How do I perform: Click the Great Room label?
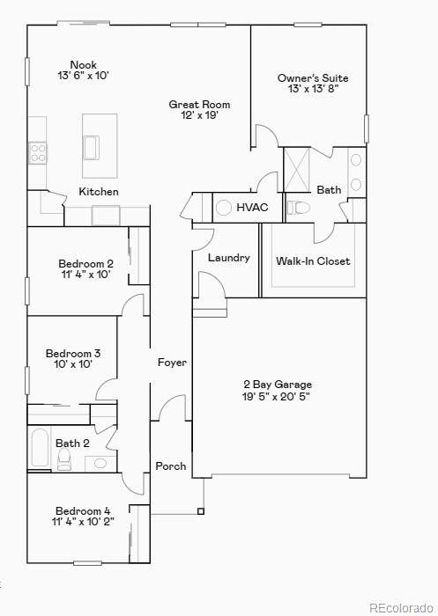tap(199, 105)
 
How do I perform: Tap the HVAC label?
tap(252, 207)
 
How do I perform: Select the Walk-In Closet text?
tap(313, 260)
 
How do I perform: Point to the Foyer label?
tap(172, 363)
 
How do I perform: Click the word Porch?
tap(171, 466)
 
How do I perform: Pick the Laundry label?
tap(228, 258)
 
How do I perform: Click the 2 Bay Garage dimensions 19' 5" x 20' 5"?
tap(276, 396)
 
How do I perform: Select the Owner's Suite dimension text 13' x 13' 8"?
tap(313, 88)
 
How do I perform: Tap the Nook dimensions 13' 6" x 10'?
tap(83, 75)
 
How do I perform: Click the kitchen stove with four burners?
tap(37, 153)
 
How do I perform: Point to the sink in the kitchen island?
tap(91, 148)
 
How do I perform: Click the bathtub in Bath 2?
tap(40, 447)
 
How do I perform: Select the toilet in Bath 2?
tap(63, 459)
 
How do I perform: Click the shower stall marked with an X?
tap(297, 170)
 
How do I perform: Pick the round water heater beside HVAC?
tap(224, 208)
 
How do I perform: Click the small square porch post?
tap(201, 511)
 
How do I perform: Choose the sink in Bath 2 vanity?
tap(100, 464)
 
